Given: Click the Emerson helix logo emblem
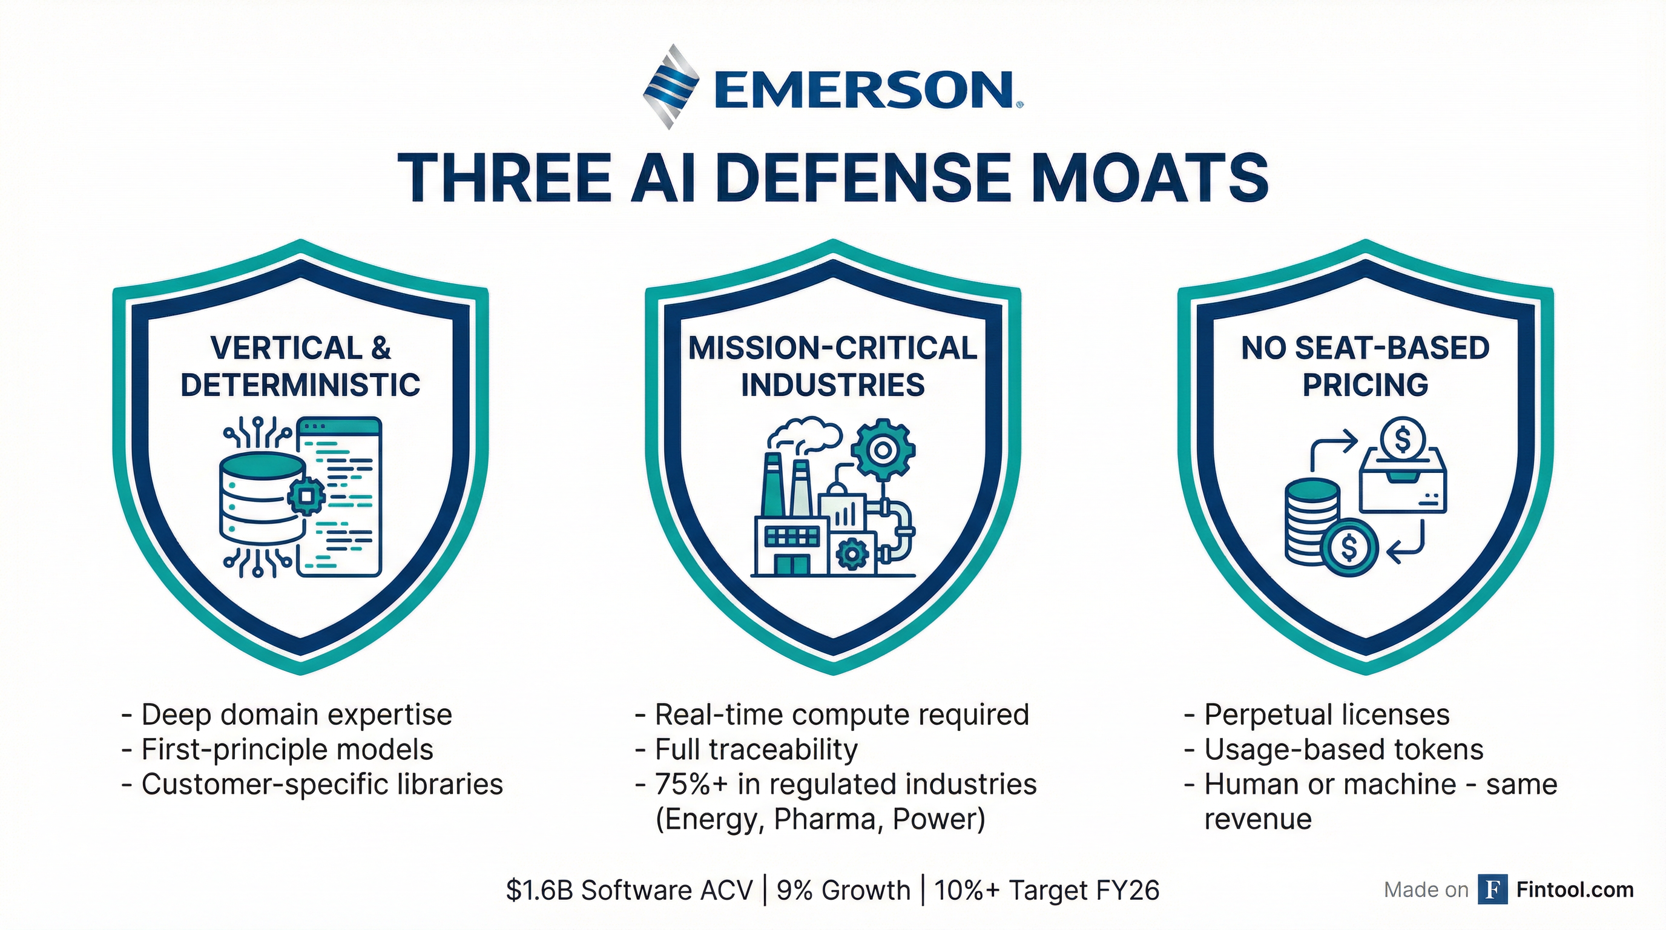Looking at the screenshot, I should tap(671, 86).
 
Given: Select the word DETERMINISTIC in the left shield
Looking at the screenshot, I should tap(300, 385).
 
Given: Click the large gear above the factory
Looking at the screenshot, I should tap(882, 449).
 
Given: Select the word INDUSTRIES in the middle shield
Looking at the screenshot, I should tap(833, 385).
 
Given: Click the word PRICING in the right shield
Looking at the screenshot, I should tap(1365, 385).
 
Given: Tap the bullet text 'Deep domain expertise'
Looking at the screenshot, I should tap(296, 714).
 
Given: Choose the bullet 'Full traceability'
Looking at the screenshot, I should tap(756, 750).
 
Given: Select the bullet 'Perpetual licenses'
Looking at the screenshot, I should tap(1326, 714).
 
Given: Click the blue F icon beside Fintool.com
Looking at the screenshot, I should tap(1493, 890).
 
